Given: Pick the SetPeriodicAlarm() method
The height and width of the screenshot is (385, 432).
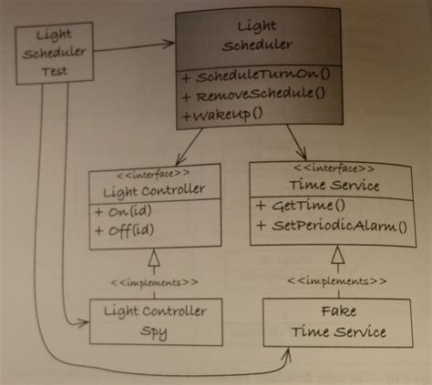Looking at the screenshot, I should point(334,225).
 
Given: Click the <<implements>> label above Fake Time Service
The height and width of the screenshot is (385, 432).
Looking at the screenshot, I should point(337,280).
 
